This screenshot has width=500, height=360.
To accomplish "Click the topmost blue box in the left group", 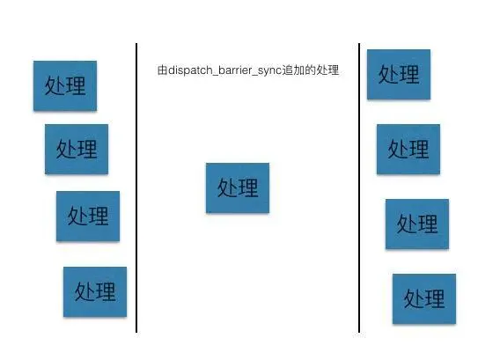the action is click(65, 85).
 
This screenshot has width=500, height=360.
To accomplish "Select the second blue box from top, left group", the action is click(77, 150).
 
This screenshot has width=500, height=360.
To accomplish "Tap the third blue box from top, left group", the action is click(88, 217).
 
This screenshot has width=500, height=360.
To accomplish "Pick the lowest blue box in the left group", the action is click(95, 291).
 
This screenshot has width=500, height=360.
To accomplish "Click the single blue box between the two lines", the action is click(238, 187).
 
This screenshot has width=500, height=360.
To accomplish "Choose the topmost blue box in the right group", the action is click(399, 74).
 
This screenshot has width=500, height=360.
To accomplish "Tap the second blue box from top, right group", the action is click(408, 150).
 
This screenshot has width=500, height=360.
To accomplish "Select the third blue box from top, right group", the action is click(417, 224).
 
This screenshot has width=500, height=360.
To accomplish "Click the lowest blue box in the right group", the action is click(424, 298).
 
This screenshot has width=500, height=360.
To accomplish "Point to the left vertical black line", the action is click(136, 187).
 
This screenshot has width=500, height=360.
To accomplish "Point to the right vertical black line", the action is click(359, 187).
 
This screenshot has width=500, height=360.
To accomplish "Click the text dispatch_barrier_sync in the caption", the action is click(224, 70).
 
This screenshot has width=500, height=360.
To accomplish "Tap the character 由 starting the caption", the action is click(162, 70).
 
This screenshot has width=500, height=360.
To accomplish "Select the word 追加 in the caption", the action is click(293, 70).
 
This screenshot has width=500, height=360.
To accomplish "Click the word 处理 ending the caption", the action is click(327, 70).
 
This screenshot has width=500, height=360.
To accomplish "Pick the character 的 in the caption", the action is click(310, 70).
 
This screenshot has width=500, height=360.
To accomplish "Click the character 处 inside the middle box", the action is click(226, 187).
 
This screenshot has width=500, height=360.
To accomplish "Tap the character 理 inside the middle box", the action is click(248, 187).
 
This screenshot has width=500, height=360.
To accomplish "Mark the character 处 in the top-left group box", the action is click(54, 85).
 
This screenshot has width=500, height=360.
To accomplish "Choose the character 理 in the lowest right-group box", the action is click(435, 298).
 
